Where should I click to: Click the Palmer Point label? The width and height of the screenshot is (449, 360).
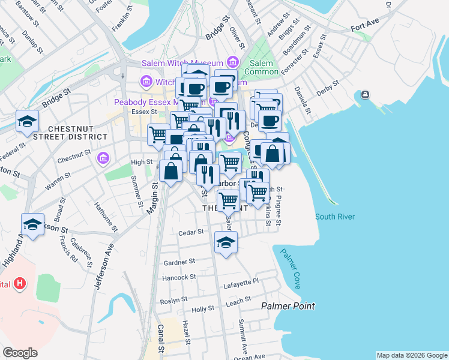tap(288, 306)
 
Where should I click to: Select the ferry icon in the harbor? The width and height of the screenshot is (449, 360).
tap(364, 95)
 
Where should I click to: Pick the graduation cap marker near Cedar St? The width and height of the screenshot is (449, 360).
tap(226, 242)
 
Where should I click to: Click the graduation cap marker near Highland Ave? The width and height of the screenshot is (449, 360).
tap(32, 224)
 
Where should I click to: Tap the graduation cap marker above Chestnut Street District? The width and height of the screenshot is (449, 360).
tap(27, 121)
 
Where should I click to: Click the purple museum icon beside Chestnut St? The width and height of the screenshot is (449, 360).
tap(103, 158)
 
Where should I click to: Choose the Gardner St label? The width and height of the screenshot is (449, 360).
tap(179, 262)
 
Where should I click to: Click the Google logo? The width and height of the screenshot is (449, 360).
tap(20, 353)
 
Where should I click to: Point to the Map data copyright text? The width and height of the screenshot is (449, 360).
tap(411, 355)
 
